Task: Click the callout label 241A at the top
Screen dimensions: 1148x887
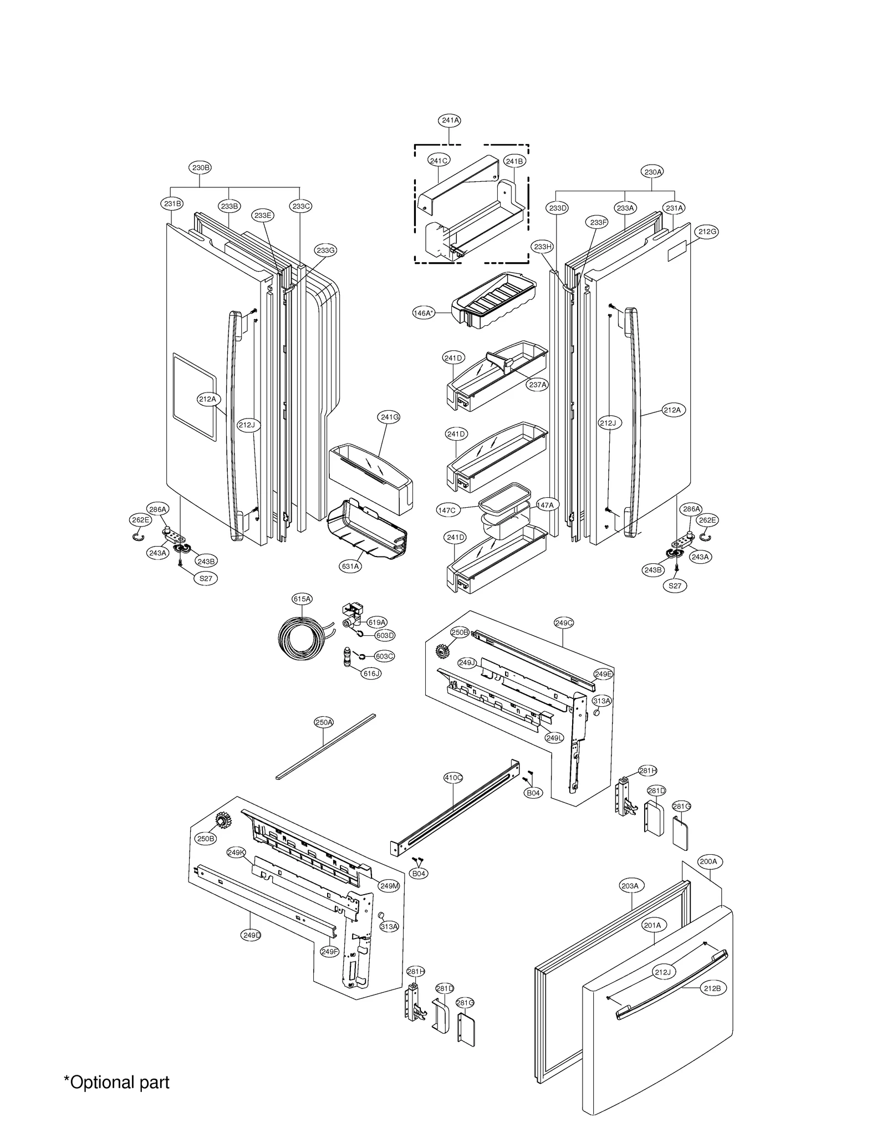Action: [450, 120]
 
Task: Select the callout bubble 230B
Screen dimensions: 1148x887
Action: [200, 167]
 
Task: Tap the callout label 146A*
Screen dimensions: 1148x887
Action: [424, 313]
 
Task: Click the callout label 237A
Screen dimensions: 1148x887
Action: [537, 385]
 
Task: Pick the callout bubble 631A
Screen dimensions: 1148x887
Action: [350, 567]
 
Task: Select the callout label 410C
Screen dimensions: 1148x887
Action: [453, 778]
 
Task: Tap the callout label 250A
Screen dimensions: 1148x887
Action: [324, 722]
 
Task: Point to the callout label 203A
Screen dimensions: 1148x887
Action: [629, 886]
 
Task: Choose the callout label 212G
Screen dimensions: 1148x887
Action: [707, 232]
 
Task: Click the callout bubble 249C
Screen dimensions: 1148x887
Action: [564, 623]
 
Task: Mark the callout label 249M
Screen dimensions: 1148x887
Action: [389, 886]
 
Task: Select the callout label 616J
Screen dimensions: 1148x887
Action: [371, 674]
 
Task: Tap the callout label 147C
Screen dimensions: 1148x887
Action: [447, 511]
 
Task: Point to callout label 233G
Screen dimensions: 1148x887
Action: [326, 251]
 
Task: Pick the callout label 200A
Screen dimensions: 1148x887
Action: [708, 861]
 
